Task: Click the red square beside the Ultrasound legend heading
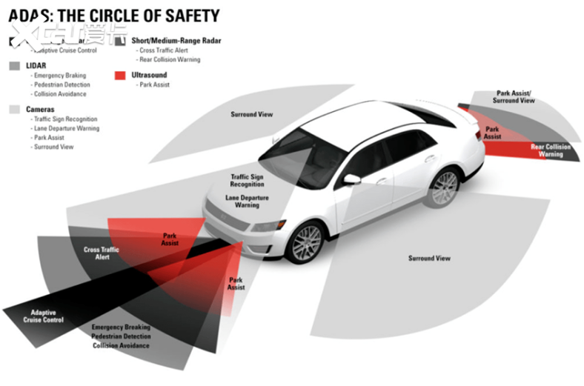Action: pos(121,75)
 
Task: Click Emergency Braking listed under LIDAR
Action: pos(60,76)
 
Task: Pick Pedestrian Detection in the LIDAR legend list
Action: pos(62,85)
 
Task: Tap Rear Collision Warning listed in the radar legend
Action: pos(169,59)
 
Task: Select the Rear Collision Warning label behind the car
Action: pos(551,151)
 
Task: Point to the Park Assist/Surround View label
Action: pos(514,97)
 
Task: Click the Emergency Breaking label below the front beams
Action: pos(121,327)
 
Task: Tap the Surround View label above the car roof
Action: pos(251,115)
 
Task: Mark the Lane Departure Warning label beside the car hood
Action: pos(247,202)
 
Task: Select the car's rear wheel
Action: pos(445,188)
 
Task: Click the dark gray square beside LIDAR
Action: pos(16,66)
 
